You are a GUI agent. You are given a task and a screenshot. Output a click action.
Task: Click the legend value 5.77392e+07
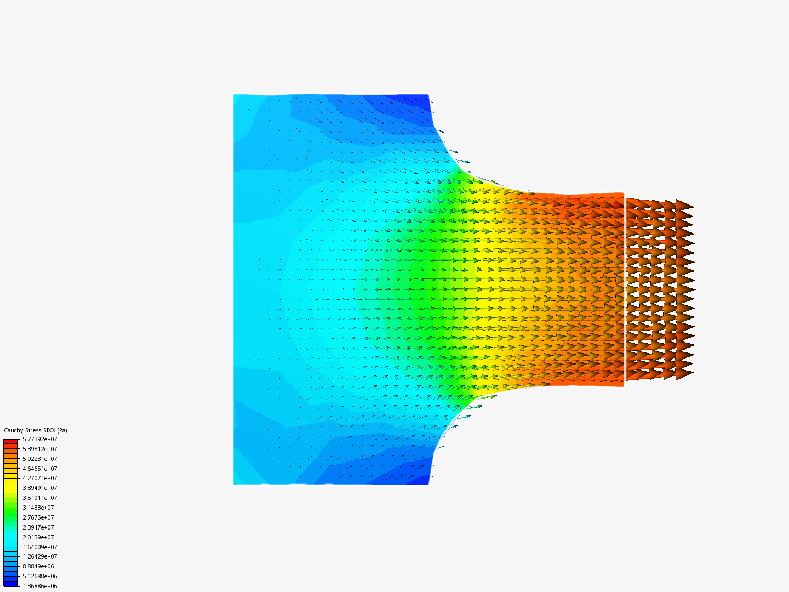pyautogui.click(x=39, y=439)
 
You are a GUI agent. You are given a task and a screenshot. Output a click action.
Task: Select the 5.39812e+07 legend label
pyautogui.click(x=39, y=449)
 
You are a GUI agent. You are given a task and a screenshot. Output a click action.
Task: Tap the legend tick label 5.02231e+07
pyautogui.click(x=39, y=459)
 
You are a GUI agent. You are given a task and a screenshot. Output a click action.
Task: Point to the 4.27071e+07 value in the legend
pyautogui.click(x=39, y=478)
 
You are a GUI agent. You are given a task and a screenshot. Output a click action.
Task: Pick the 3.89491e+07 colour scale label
pyautogui.click(x=39, y=488)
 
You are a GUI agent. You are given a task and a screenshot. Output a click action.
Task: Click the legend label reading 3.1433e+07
pyautogui.click(x=38, y=508)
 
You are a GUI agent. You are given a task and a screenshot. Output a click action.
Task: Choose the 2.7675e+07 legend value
pyautogui.click(x=38, y=517)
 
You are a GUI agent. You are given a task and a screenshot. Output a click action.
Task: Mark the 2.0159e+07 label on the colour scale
pyautogui.click(x=38, y=537)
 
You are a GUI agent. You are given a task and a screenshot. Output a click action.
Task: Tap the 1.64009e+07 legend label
pyautogui.click(x=39, y=547)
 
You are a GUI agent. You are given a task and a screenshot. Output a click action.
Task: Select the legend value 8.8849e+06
pyautogui.click(x=38, y=566)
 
